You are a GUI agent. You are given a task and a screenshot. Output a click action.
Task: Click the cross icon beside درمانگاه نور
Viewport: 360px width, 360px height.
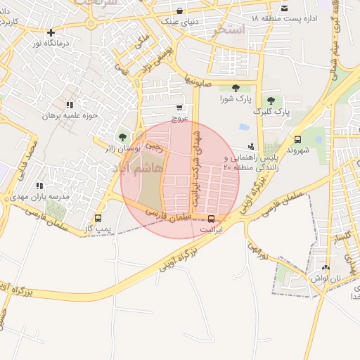click(51, 32)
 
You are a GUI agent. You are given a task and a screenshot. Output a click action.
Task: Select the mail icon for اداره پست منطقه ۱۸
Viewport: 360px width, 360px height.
click(284, 8)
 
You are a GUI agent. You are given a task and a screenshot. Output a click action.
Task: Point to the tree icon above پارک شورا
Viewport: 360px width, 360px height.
click(235, 88)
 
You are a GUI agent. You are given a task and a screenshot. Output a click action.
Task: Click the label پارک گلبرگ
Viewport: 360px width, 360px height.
click(272, 112)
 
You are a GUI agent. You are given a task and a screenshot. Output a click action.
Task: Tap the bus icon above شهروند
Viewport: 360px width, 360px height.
click(297, 139)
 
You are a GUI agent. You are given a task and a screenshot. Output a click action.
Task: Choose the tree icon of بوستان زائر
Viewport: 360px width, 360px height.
click(123, 137)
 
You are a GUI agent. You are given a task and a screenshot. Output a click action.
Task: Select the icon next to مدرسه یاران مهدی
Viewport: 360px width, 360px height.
click(39, 186)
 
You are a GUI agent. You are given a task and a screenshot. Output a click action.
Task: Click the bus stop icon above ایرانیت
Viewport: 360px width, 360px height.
click(212, 218)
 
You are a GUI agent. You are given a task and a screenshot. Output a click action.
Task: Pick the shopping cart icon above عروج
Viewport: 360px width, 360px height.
click(181, 108)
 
